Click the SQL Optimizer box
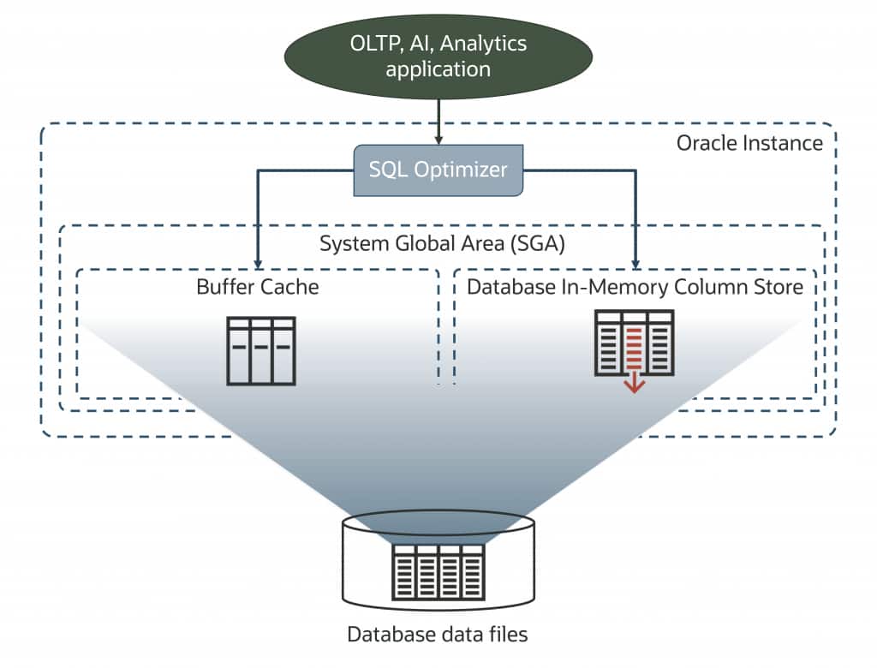coord(438,170)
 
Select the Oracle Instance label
coord(749,142)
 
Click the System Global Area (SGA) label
coord(442,243)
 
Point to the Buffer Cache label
coord(257,286)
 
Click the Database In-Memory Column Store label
coord(635,286)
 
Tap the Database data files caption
coord(438,635)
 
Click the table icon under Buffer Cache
coord(261,349)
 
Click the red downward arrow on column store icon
coord(634,383)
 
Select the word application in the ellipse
coord(438,69)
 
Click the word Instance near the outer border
coord(784,142)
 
